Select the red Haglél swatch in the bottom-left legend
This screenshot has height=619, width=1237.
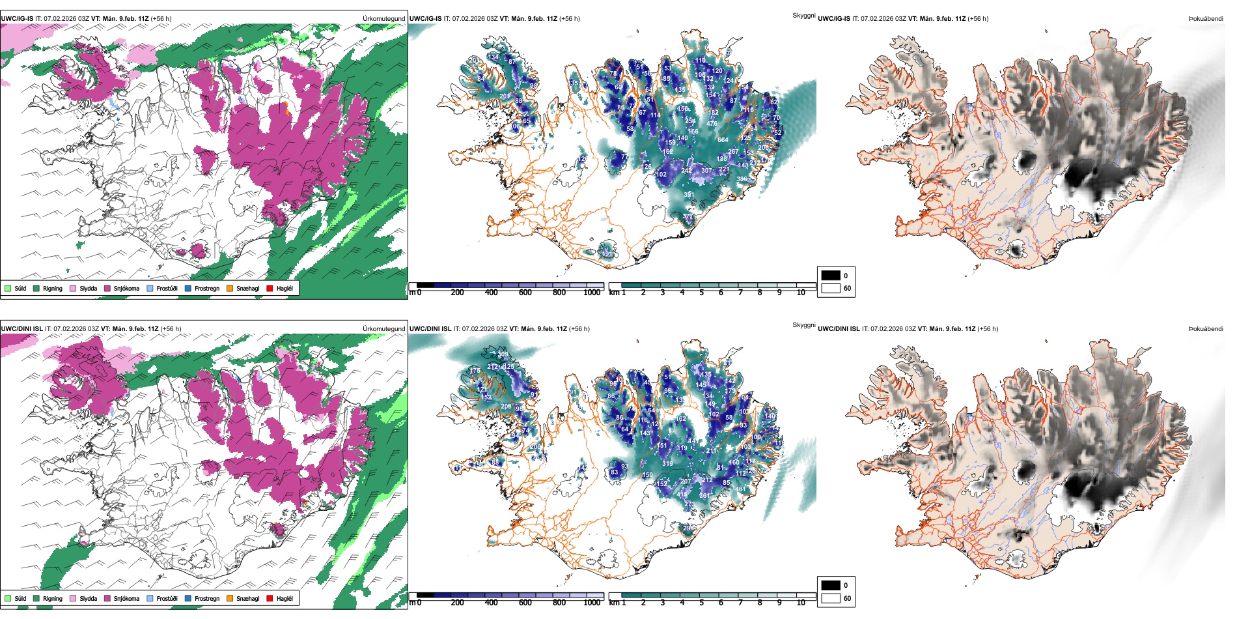(270, 598)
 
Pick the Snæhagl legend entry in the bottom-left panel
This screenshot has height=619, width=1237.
(243, 598)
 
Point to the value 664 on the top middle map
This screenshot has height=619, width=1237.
(723, 140)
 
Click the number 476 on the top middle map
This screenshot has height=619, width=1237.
(712, 124)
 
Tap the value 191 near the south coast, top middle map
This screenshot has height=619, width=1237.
(607, 253)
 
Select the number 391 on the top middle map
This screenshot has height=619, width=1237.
(689, 195)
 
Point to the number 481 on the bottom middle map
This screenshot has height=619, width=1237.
(740, 489)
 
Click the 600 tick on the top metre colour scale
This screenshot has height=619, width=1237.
(525, 293)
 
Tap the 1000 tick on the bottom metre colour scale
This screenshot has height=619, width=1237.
(592, 603)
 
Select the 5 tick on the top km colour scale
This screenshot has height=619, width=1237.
(701, 293)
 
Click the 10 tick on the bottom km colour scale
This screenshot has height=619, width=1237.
(801, 603)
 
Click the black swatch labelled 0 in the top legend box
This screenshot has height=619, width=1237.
(831, 276)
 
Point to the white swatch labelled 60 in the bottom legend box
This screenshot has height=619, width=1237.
(831, 598)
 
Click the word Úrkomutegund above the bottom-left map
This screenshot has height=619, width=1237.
(384, 329)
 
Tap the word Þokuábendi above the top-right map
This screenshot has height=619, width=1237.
(1206, 19)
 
